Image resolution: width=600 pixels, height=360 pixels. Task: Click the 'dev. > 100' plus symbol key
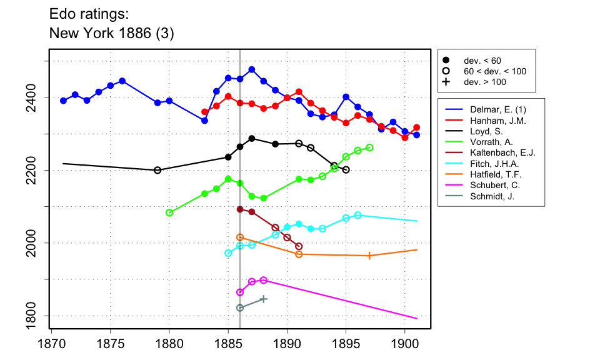click(446, 82)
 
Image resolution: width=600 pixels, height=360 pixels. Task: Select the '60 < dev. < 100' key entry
click(446, 71)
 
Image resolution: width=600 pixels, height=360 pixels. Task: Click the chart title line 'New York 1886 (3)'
click(111, 34)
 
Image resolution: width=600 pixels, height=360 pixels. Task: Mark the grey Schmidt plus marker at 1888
click(263, 299)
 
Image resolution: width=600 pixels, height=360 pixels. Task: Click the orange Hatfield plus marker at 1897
click(369, 256)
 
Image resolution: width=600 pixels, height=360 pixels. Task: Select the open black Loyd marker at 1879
click(157, 170)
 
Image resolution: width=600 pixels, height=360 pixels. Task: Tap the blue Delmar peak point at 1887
click(252, 69)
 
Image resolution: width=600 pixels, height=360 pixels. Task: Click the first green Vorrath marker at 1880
click(169, 212)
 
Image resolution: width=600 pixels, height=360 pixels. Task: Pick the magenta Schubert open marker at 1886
click(240, 292)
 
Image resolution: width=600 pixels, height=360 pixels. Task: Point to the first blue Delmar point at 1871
click(63, 101)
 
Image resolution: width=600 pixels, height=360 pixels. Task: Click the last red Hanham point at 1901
click(417, 127)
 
